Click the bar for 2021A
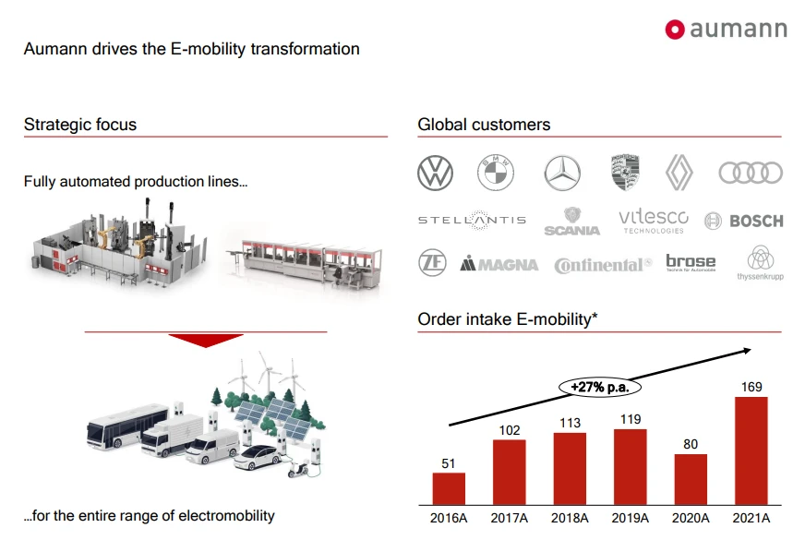pyautogui.click(x=751, y=450)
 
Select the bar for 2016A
pyautogui.click(x=449, y=488)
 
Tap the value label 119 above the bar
pyautogui.click(x=631, y=419)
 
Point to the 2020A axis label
pyautogui.click(x=691, y=518)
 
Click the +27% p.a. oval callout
pyautogui.click(x=600, y=387)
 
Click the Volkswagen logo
pyautogui.click(x=436, y=173)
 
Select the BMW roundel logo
pyautogui.click(x=496, y=173)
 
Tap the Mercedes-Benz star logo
pyautogui.click(x=562, y=173)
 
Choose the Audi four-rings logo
pyautogui.click(x=751, y=173)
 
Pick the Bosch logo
pyautogui.click(x=744, y=222)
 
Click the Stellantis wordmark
pyautogui.click(x=473, y=221)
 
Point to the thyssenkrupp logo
pyautogui.click(x=761, y=263)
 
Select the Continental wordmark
pyautogui.click(x=603, y=265)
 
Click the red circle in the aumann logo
pyautogui.click(x=675, y=30)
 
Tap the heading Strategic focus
pyautogui.click(x=80, y=125)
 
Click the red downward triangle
pyautogui.click(x=205, y=341)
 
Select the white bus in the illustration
pyautogui.click(x=127, y=427)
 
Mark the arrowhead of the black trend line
pyautogui.click(x=747, y=351)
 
